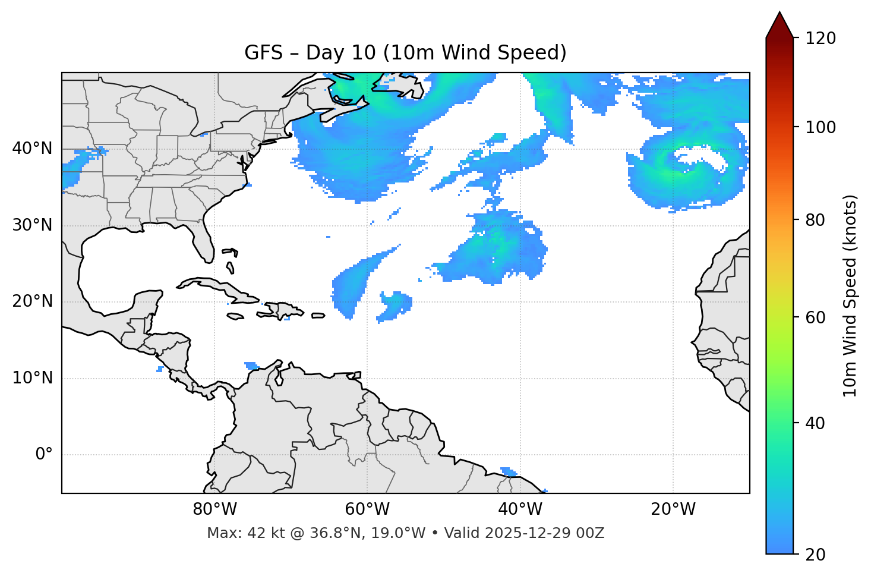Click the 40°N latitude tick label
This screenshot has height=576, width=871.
32,149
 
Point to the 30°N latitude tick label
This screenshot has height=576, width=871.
32,225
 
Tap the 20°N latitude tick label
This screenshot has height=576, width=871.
32,301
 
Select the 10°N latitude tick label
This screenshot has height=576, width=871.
32,378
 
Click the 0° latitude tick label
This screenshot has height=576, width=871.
44,455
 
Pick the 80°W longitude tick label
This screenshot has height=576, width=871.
214,509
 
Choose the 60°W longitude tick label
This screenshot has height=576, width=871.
367,509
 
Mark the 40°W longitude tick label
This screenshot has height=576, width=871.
520,509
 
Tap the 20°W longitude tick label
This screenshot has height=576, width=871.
673,509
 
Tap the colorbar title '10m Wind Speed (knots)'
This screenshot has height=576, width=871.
850,295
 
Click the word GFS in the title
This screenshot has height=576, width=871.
263,53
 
